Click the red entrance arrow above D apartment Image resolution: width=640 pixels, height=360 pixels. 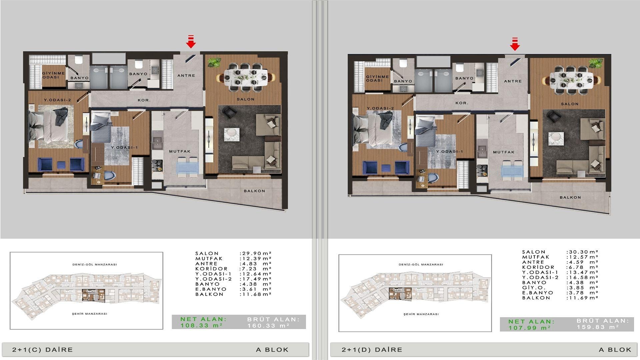point(515,44)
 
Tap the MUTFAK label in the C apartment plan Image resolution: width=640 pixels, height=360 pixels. point(180,151)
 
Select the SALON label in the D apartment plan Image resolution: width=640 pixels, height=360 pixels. point(570,104)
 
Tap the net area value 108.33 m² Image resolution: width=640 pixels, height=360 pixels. point(202,326)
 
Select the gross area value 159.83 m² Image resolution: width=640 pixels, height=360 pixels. point(598,327)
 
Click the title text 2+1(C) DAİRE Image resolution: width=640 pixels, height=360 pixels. point(43,350)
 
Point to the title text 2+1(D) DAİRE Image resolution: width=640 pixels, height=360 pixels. point(372,350)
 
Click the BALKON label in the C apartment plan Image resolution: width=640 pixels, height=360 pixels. point(254,191)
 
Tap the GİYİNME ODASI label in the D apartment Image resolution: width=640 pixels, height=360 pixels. point(377,78)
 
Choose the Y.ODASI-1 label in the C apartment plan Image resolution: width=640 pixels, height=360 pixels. point(124,148)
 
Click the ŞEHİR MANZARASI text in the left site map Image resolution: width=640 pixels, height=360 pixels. point(90,314)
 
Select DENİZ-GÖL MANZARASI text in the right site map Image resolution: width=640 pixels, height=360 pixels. point(421,264)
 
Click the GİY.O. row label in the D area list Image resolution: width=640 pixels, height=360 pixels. point(534,288)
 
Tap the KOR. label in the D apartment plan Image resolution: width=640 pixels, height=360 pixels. point(462,103)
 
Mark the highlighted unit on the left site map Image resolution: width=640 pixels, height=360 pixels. point(94,296)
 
